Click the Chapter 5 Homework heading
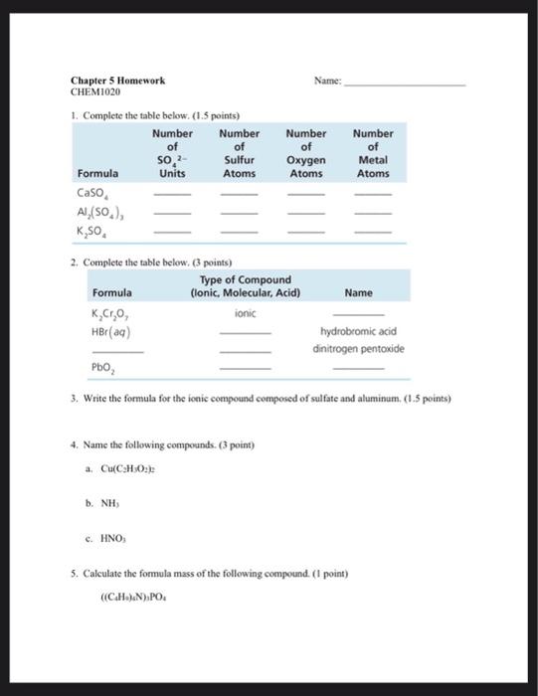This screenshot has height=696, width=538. coord(117,81)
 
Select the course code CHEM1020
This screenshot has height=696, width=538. coord(94,91)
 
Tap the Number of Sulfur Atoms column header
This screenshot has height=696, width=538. coord(239,152)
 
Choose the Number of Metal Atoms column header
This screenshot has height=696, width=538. coord(372,152)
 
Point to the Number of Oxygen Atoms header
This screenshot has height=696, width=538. coord(305,152)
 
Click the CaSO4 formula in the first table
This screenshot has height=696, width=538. coord(97,194)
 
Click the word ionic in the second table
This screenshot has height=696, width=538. coord(245,313)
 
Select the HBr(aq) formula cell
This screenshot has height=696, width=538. coord(109,331)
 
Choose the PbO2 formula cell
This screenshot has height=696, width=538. coord(104,369)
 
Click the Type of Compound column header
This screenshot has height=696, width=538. coord(245,286)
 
